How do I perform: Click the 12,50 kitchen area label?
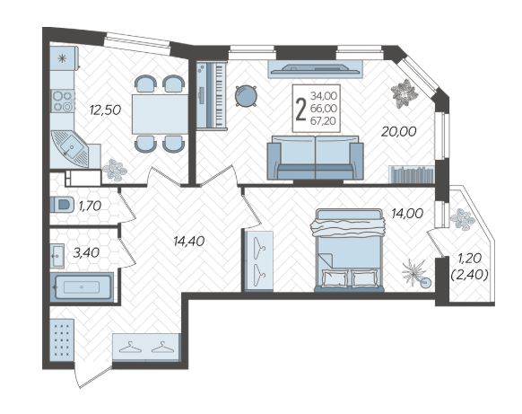105,110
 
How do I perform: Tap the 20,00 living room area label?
398,132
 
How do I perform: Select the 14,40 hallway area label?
188,241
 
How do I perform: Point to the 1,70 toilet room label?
90,206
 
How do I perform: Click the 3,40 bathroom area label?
86,253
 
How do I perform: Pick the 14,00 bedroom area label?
407,214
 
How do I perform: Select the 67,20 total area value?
324,121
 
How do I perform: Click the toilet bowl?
62,204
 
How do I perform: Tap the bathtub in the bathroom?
82,287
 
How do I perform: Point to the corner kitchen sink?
70,149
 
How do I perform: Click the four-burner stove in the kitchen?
62,101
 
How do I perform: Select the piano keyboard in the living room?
212,95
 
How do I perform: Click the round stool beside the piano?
246,96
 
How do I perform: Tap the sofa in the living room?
316,157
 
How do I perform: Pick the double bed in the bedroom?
349,250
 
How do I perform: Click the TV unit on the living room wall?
315,69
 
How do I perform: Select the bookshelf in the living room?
412,174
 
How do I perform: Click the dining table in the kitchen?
161,114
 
